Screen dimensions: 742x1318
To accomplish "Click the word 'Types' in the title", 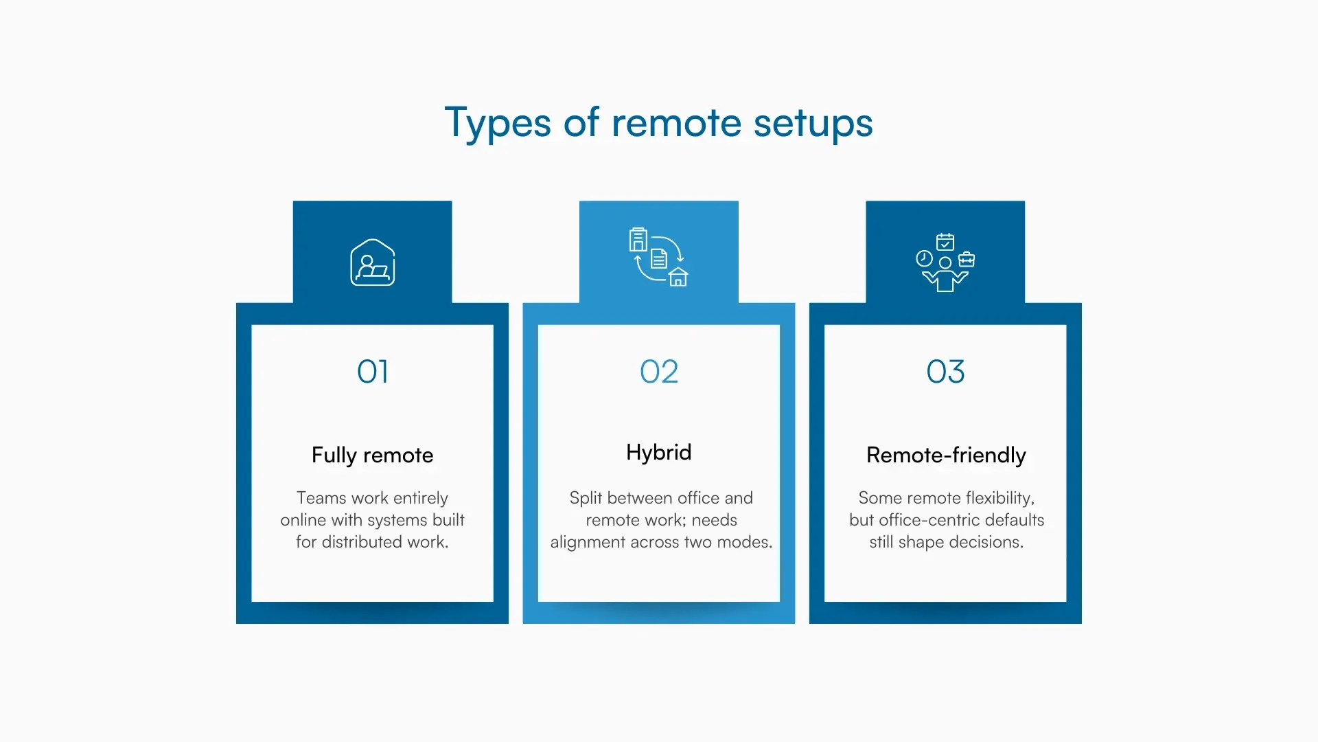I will click(498, 124).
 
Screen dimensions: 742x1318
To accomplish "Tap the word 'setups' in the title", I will click(813, 124).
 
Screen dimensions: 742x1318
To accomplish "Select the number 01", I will click(373, 372).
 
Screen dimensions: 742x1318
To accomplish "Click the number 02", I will click(659, 372).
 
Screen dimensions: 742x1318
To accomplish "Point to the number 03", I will click(945, 372).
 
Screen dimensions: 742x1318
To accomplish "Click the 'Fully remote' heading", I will click(372, 455).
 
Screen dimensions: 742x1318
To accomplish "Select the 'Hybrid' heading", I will click(659, 452).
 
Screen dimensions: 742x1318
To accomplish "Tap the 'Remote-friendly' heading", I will click(945, 455).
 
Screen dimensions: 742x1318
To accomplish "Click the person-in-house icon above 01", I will click(373, 262).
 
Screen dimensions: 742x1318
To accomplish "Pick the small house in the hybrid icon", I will click(678, 277).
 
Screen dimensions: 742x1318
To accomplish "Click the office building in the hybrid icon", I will click(638, 240).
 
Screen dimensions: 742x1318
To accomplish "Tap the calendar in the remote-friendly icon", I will click(945, 242).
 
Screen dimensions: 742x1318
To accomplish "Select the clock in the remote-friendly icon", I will click(924, 258).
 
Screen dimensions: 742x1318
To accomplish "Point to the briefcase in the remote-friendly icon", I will click(967, 260).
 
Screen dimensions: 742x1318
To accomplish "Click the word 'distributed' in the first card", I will click(362, 542).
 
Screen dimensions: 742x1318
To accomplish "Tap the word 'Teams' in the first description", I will click(321, 498).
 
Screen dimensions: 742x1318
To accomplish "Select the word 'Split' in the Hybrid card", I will click(586, 498).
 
